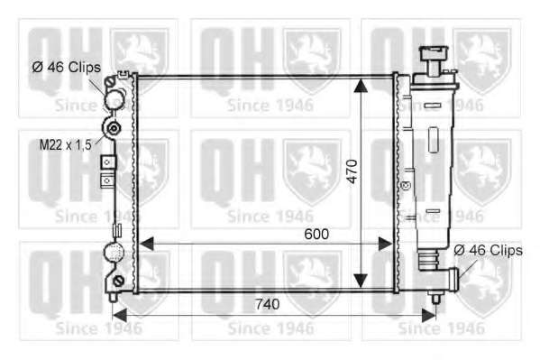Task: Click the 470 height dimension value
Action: tap(352, 171)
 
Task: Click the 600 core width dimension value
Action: tap(316, 235)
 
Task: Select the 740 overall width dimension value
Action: tap(267, 304)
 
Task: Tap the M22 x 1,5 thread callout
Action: tap(66, 145)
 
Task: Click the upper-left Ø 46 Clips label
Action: tap(67, 67)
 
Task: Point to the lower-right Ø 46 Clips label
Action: tap(488, 250)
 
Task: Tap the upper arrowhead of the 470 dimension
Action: tap(361, 86)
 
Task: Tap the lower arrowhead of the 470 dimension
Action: tap(361, 281)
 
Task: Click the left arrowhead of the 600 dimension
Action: tap(146, 244)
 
